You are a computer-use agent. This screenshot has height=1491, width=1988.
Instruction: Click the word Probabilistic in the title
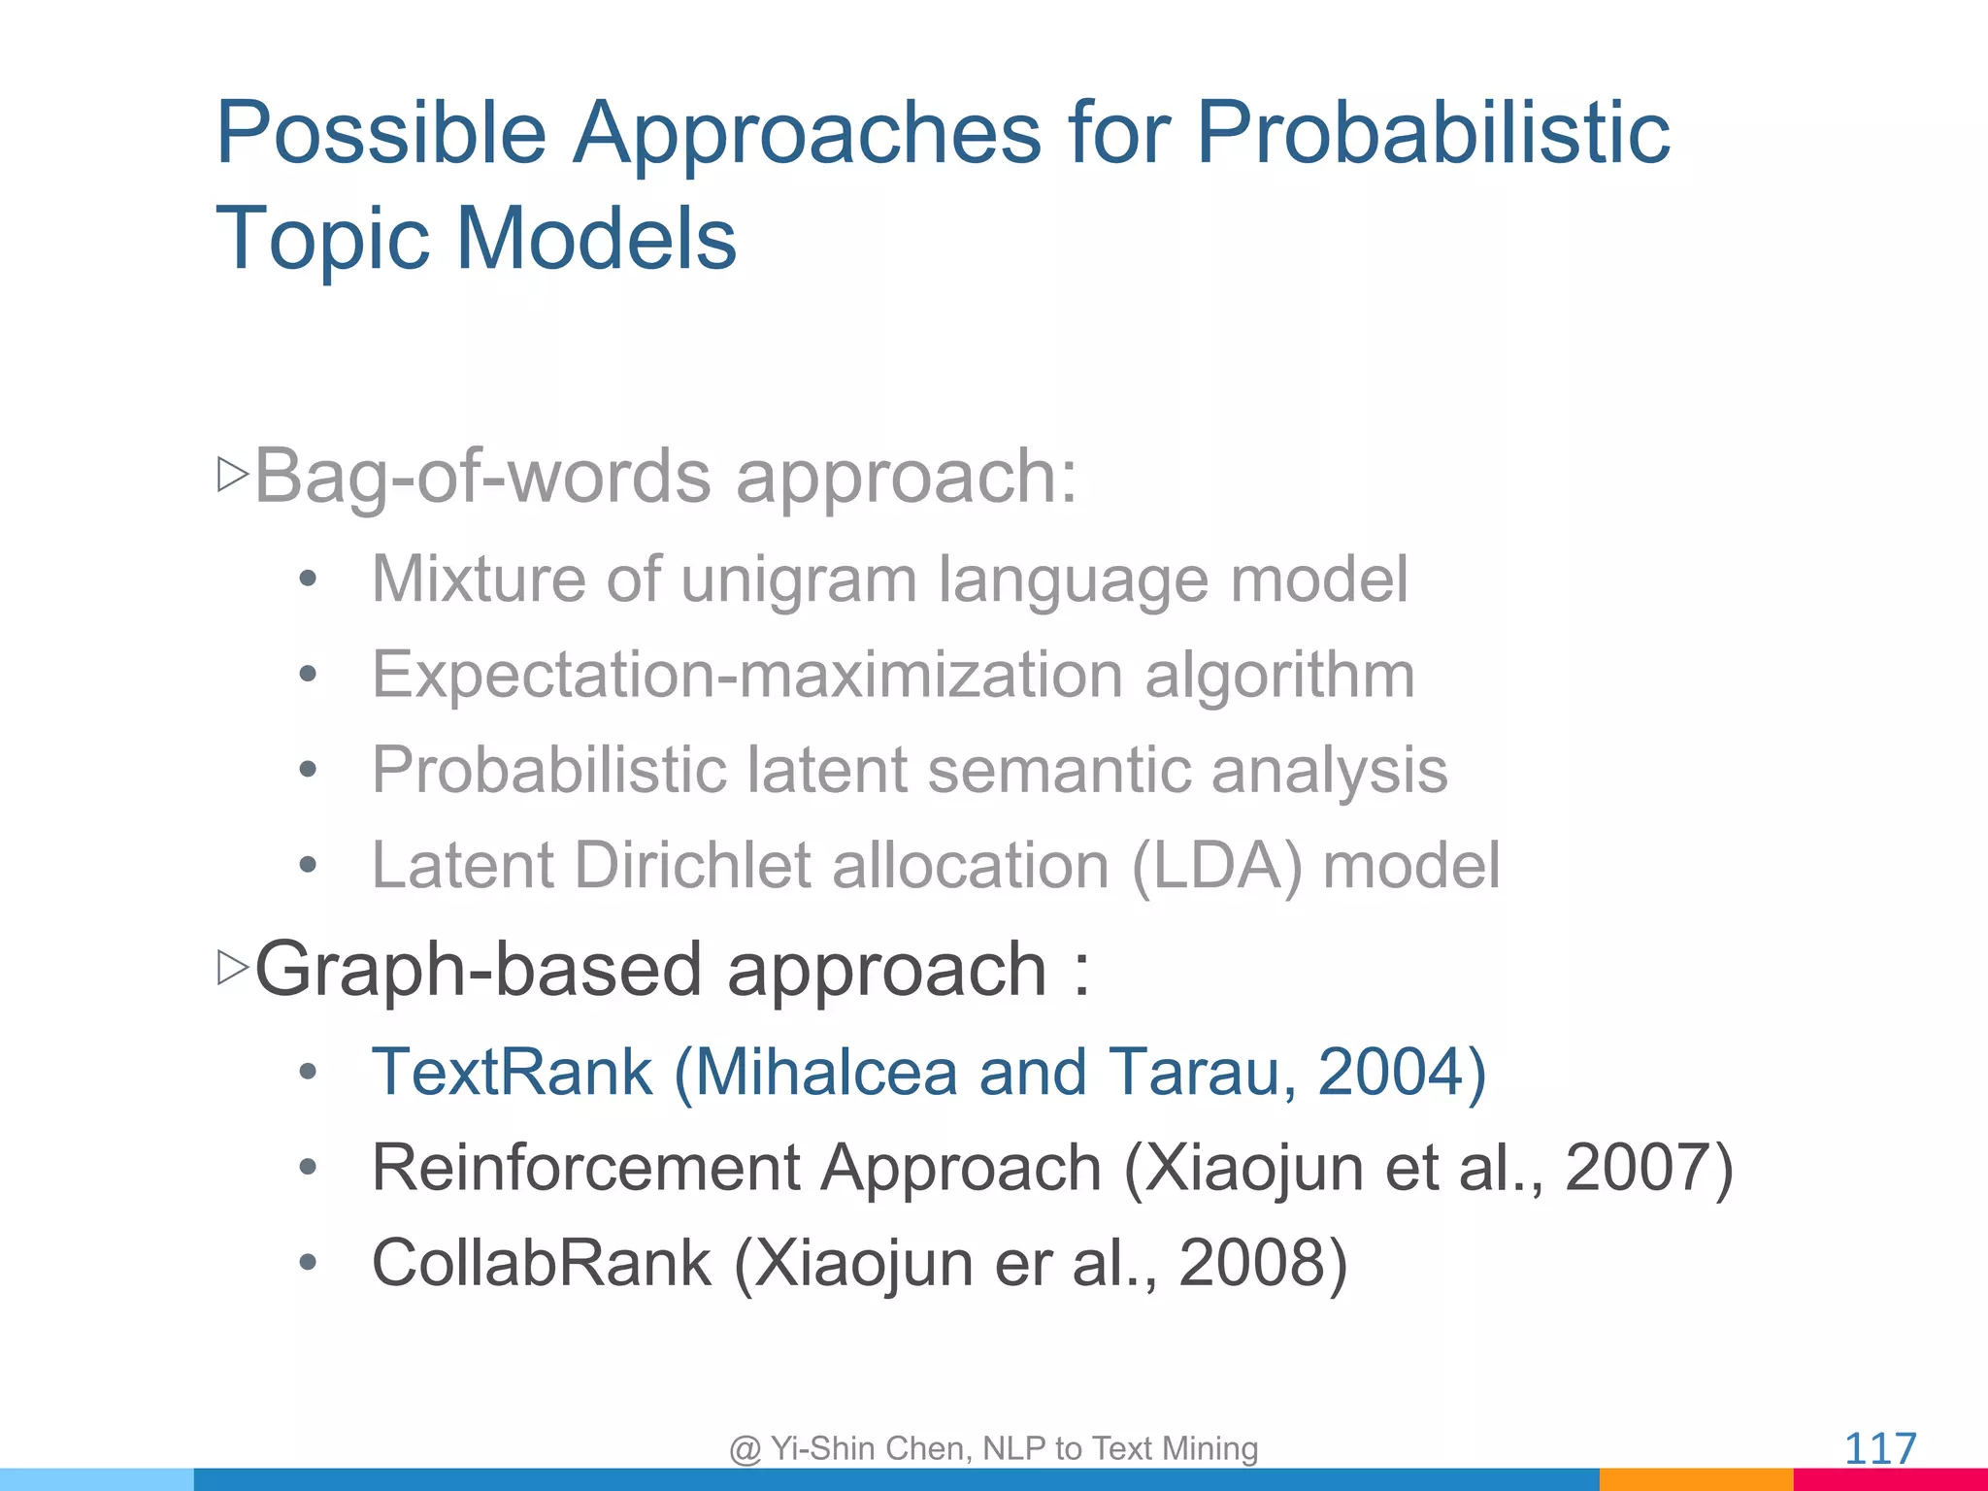click(1432, 133)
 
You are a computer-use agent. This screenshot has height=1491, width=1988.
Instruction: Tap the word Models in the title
click(596, 239)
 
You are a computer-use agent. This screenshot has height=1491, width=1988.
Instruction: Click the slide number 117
click(1879, 1448)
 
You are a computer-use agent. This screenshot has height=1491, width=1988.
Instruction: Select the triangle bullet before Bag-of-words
click(233, 475)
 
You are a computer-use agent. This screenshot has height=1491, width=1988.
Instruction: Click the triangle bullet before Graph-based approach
click(233, 968)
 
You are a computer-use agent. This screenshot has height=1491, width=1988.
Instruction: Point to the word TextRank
click(513, 1073)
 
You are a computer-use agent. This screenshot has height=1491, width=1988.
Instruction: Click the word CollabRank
click(542, 1263)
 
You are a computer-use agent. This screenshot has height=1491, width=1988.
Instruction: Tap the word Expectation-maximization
click(747, 675)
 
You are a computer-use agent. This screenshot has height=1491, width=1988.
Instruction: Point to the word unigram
click(798, 580)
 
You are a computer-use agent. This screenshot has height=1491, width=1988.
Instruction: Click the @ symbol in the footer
click(745, 1449)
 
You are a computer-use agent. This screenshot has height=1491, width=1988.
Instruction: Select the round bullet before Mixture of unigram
click(308, 580)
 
